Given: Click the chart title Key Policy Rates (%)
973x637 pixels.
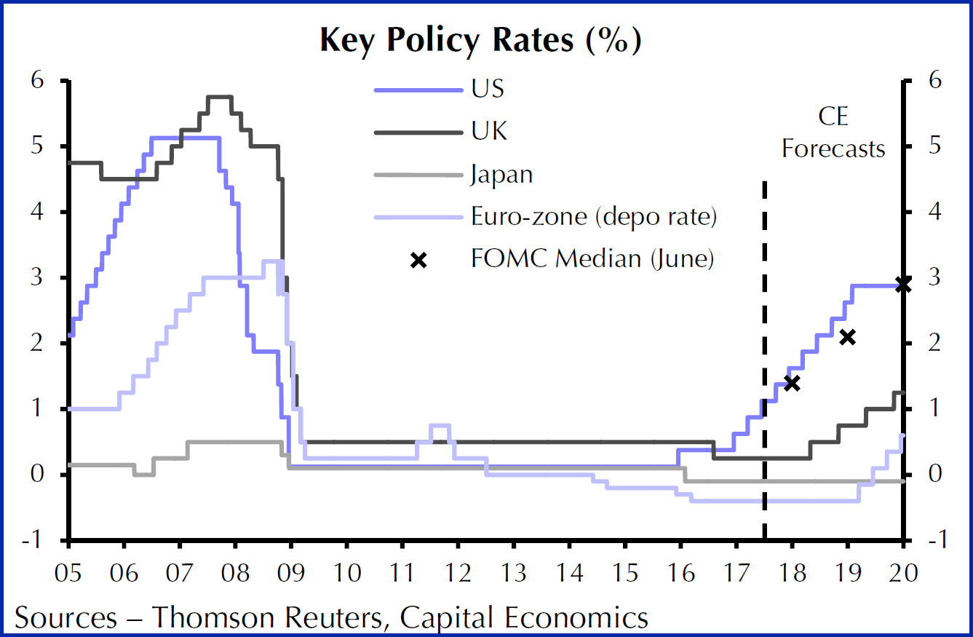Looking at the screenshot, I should click(480, 41).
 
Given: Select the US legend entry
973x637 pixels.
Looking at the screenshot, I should click(487, 90).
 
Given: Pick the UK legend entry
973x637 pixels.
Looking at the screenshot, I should click(489, 132).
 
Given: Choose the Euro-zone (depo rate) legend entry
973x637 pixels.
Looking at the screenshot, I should click(593, 217).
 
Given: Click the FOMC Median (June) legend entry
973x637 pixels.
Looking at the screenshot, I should click(591, 259).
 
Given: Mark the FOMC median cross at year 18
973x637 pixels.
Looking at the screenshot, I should click(793, 383).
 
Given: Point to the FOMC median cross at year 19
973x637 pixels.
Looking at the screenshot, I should click(847, 337).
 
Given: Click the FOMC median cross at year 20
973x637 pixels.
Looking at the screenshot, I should click(902, 285).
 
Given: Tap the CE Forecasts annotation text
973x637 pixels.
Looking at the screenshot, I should click(833, 132).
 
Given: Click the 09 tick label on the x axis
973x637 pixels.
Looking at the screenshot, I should click(291, 571).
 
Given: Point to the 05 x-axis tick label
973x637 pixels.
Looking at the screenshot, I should click(68, 571).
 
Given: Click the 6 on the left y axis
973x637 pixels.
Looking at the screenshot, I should click(36, 81).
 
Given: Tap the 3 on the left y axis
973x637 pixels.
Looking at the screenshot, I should click(36, 277).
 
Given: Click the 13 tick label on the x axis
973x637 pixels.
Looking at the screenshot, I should click(514, 571).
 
